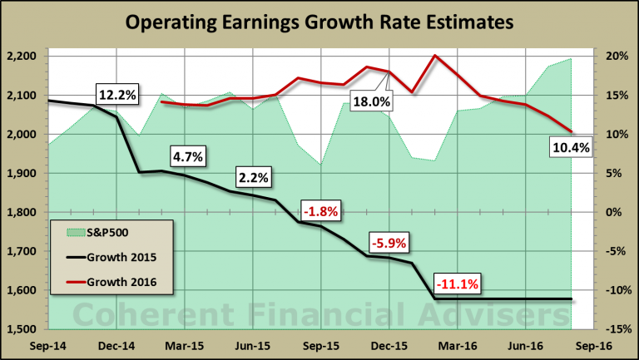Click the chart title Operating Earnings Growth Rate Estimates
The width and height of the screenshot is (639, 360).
319,23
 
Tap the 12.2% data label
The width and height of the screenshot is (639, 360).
116,95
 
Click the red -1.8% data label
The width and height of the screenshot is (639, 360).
319,211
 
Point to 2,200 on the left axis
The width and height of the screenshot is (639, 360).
24,57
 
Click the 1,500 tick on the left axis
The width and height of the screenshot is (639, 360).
24,329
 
